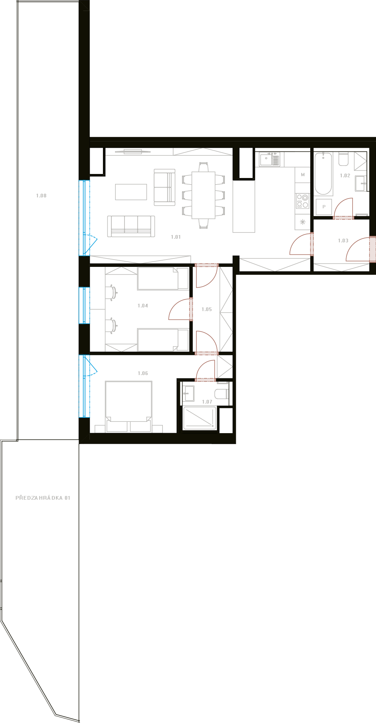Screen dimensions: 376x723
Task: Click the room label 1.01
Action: [x=176, y=237]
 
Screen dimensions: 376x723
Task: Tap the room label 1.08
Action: [x=41, y=196]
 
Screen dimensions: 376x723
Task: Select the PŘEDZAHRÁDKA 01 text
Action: [x=43, y=498]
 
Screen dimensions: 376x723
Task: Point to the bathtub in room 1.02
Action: [x=323, y=174]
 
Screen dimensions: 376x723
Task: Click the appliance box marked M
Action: [x=303, y=175]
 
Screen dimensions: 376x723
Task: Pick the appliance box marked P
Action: [x=324, y=207]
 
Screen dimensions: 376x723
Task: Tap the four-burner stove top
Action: [x=303, y=201]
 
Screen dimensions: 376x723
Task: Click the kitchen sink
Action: [x=270, y=159]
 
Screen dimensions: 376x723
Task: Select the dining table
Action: [x=203, y=195]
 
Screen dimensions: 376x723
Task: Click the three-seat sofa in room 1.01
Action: [x=131, y=226]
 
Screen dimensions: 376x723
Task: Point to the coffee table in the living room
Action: [x=131, y=192]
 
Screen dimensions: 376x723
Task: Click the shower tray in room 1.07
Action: [x=200, y=418]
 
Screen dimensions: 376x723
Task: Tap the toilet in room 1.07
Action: [x=222, y=394]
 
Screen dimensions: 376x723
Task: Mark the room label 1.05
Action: [x=207, y=309]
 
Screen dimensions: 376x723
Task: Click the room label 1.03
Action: [x=343, y=241]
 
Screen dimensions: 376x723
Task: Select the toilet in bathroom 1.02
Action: [x=344, y=159]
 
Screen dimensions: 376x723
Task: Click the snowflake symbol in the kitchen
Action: [x=302, y=222]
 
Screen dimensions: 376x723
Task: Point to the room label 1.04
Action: [x=143, y=306]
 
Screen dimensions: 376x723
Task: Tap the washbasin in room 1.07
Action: [x=188, y=393]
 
